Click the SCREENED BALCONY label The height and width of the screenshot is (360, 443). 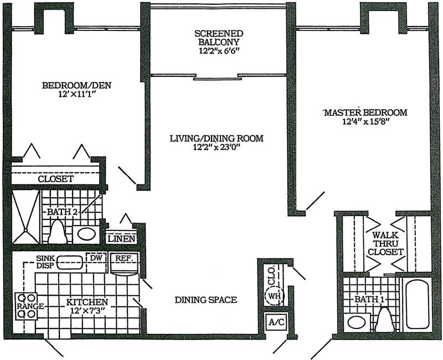pyautogui.click(x=219, y=38)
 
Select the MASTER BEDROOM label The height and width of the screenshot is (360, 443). pyautogui.click(x=365, y=112)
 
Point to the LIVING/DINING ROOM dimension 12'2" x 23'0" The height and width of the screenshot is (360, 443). pyautogui.click(x=217, y=147)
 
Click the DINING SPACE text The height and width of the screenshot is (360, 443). pyautogui.click(x=206, y=300)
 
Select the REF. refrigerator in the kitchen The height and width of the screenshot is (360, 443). pyautogui.click(x=123, y=264)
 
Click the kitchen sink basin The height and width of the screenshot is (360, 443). pyautogui.click(x=70, y=262)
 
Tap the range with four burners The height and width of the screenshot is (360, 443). pyautogui.click(x=25, y=306)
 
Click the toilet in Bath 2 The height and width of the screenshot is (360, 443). pyautogui.click(x=58, y=232)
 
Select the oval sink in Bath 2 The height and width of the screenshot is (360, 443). pyautogui.click(x=86, y=234)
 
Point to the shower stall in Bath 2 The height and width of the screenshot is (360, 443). pyautogui.click(x=25, y=217)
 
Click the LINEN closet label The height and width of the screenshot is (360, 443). pyautogui.click(x=121, y=239)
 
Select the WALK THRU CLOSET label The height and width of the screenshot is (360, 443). pyautogui.click(x=385, y=243)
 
